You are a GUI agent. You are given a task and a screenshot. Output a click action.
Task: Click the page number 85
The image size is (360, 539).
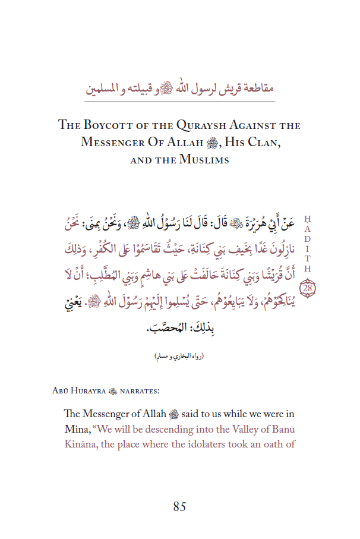[x=180, y=506]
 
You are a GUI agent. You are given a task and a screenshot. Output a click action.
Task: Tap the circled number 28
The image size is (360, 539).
[x=308, y=289]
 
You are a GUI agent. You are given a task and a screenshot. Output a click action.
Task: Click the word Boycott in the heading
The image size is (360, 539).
[x=107, y=125]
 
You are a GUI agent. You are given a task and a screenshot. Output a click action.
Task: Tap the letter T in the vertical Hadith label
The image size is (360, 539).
[x=308, y=259]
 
